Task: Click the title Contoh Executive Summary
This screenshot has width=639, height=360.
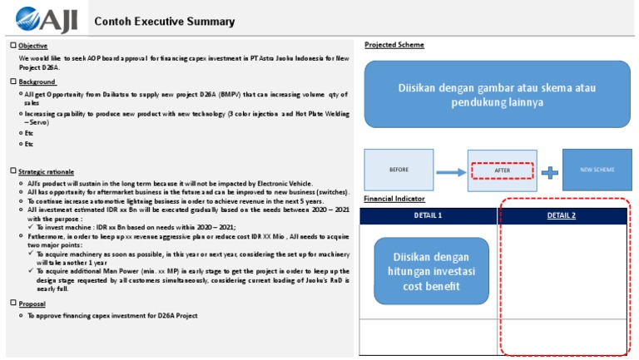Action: click(x=164, y=22)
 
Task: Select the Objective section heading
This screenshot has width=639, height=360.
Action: click(x=33, y=46)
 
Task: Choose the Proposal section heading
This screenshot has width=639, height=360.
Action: click(x=32, y=303)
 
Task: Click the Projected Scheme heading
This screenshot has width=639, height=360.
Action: click(x=394, y=45)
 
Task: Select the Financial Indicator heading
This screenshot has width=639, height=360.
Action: click(x=394, y=200)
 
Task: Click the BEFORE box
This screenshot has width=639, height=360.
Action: click(x=399, y=170)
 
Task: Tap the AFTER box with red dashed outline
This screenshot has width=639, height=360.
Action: click(x=502, y=170)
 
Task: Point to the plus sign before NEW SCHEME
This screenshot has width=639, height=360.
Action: click(x=548, y=171)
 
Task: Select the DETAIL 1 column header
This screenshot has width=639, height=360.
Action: click(x=428, y=216)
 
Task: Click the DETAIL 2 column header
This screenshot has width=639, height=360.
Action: click(x=561, y=216)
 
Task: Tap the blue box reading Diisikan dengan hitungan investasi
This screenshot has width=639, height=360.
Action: click(x=428, y=271)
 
